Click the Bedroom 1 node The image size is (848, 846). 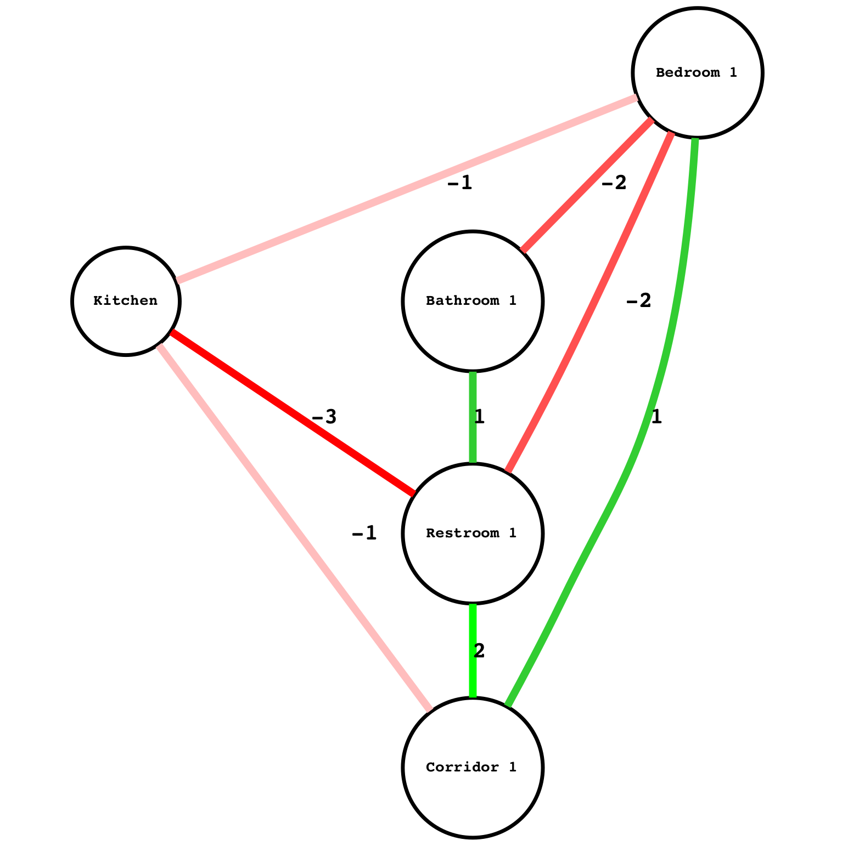[x=697, y=72]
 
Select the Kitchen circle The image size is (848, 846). [x=125, y=301]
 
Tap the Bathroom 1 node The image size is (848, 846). [x=472, y=301]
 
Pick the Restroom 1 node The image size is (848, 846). [x=472, y=533]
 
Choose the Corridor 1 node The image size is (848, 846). [x=472, y=767]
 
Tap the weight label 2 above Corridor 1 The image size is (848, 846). [x=479, y=651]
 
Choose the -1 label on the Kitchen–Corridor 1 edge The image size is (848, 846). [x=364, y=532]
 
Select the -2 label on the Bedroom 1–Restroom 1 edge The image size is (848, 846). [x=638, y=300]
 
